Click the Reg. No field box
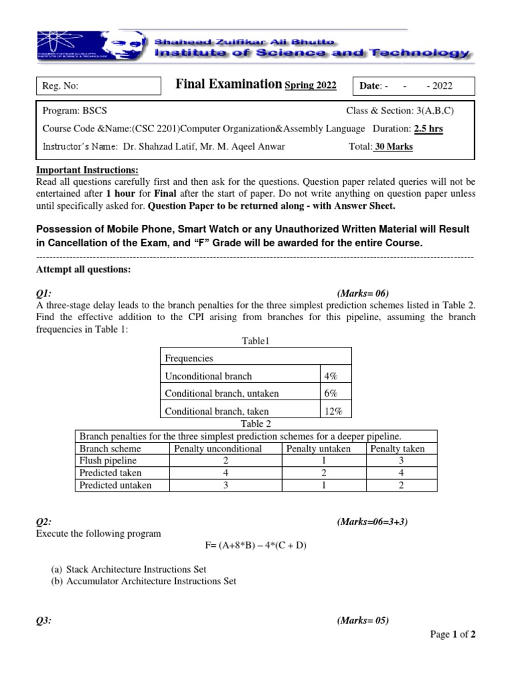coord(99,86)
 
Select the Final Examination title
coord(228,84)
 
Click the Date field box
coord(416,86)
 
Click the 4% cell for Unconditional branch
coord(331,376)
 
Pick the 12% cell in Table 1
coord(333,412)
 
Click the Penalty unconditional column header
coord(218,449)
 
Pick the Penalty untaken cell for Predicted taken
coord(319,473)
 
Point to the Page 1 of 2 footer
coord(453,634)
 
